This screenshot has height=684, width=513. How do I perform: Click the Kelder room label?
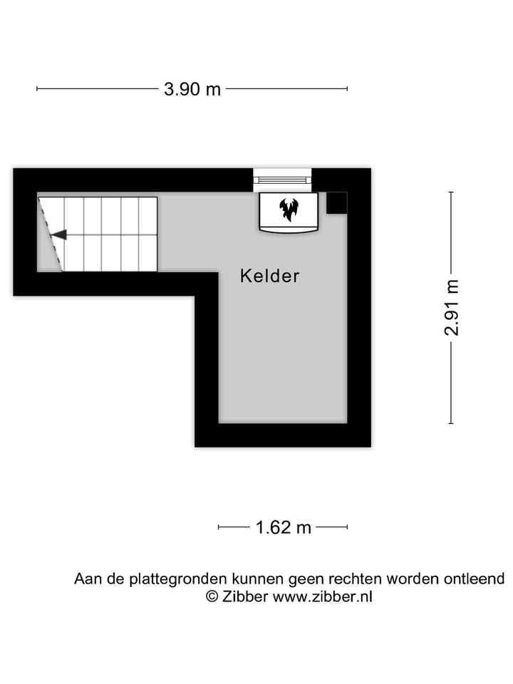(270, 276)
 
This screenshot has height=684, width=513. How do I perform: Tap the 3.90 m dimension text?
(192, 89)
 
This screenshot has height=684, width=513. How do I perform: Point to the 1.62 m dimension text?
(283, 527)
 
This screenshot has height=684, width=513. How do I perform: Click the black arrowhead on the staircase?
(58, 234)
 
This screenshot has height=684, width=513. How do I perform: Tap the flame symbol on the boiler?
(289, 209)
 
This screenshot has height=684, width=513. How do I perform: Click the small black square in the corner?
(336, 202)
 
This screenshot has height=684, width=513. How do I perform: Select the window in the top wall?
(282, 180)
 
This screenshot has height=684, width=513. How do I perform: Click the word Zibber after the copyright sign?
(246, 596)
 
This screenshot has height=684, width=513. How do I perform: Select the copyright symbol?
(212, 596)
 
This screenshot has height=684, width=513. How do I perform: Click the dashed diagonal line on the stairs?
(51, 234)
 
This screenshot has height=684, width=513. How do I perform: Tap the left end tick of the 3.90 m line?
(37, 89)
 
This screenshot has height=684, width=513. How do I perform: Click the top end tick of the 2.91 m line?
(451, 192)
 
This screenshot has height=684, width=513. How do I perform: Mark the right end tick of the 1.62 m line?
(348, 527)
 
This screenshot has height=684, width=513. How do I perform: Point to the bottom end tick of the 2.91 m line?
(451, 423)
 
